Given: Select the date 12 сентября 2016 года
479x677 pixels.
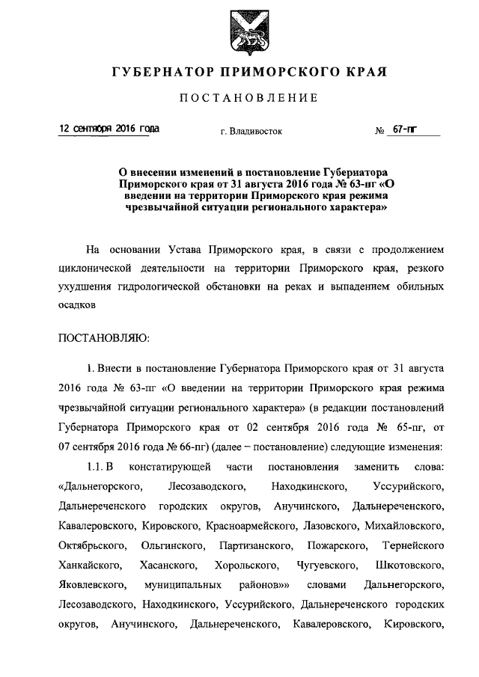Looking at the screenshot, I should (x=109, y=129).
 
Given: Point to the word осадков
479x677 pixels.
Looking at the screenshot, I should (x=77, y=306).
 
